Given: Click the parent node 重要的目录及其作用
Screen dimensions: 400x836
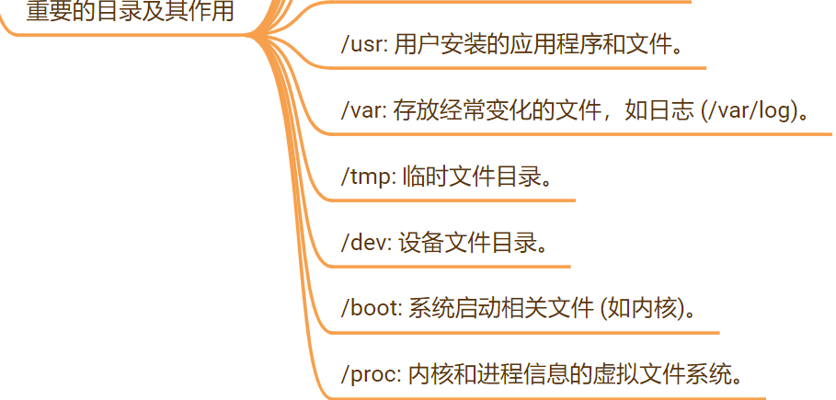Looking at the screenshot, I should pos(129,12).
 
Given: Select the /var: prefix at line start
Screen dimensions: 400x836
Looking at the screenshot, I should pos(362,111).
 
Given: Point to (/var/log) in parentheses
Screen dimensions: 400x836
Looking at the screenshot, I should pos(750,111).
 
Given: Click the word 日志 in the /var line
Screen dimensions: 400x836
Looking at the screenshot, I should pos(669,111).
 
